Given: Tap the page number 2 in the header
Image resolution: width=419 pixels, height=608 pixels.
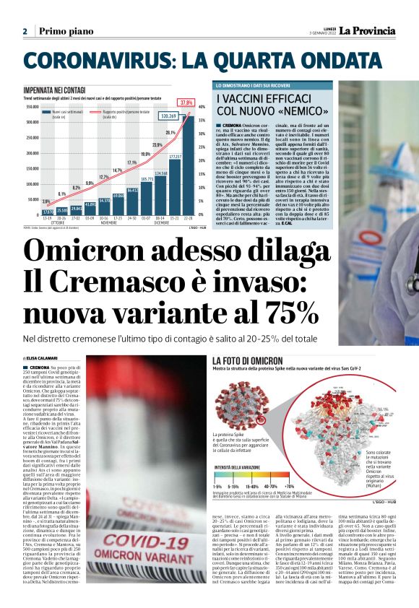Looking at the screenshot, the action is (25, 32).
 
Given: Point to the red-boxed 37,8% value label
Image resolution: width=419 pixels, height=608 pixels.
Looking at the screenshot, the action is (186, 103).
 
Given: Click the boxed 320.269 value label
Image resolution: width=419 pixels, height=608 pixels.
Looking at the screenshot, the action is (169, 116).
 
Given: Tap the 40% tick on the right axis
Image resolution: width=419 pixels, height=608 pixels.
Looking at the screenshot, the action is (202, 107).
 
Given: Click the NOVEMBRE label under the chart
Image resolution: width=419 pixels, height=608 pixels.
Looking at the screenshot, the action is (88, 223).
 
